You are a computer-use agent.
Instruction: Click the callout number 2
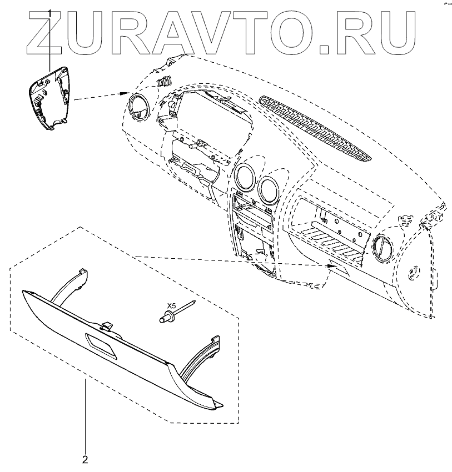point(85,459)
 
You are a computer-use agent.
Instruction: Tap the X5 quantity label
point(172,306)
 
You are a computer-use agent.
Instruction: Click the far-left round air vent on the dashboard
point(137,107)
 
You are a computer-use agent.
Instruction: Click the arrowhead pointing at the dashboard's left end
point(125,92)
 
